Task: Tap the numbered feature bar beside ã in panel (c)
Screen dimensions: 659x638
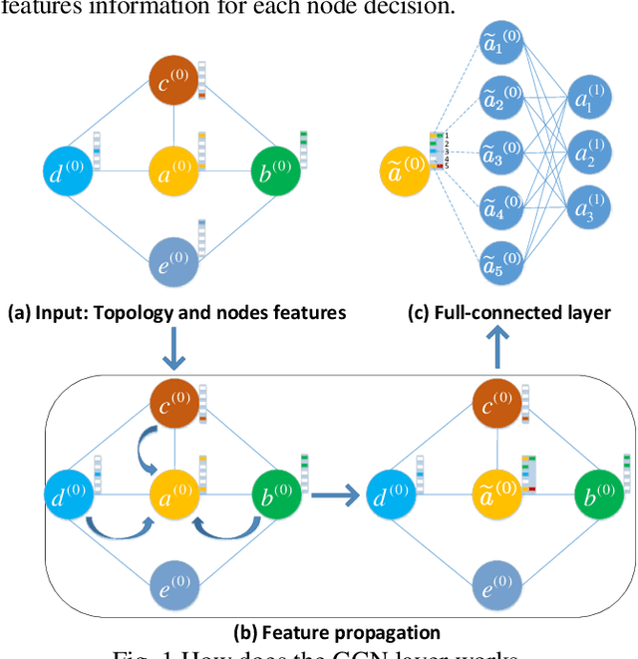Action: (x=436, y=150)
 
